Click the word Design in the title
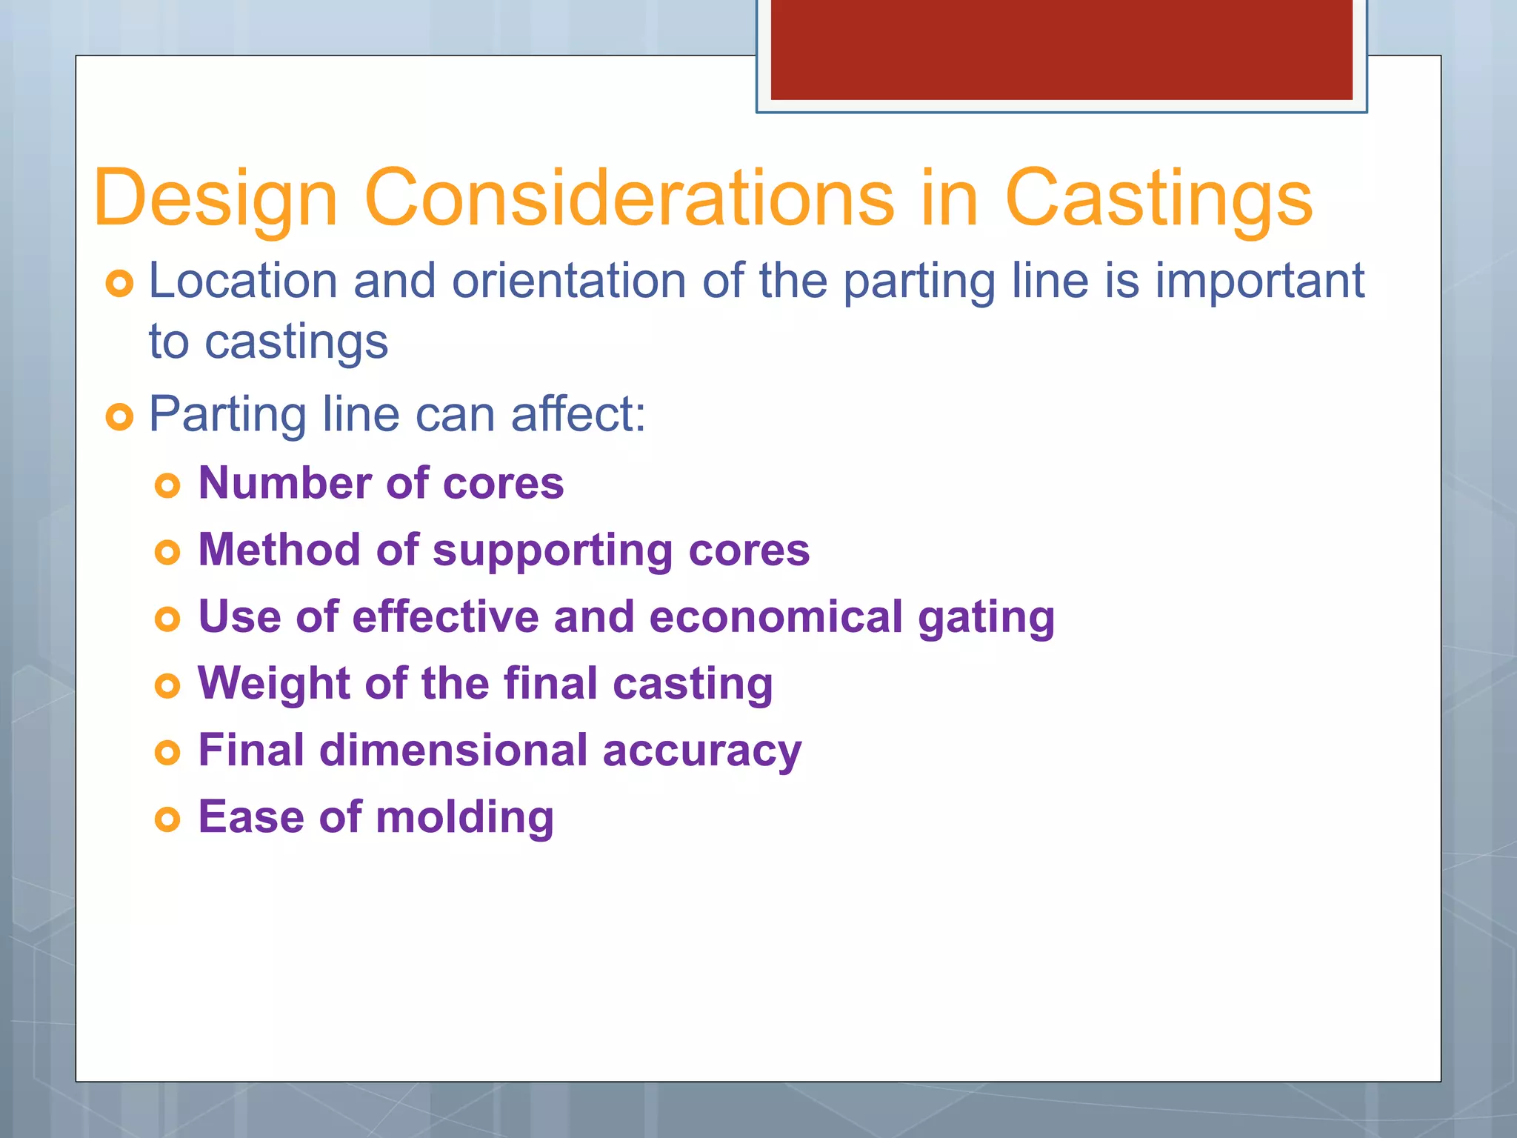[x=216, y=199]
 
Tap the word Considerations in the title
[x=629, y=199]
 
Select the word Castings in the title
[x=1158, y=199]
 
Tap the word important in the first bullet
[x=1259, y=282]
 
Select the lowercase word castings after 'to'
[x=296, y=342]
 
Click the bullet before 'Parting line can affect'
[x=119, y=417]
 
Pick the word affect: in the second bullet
[x=579, y=414]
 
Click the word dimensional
[x=453, y=751]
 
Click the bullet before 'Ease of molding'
[x=168, y=819]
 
